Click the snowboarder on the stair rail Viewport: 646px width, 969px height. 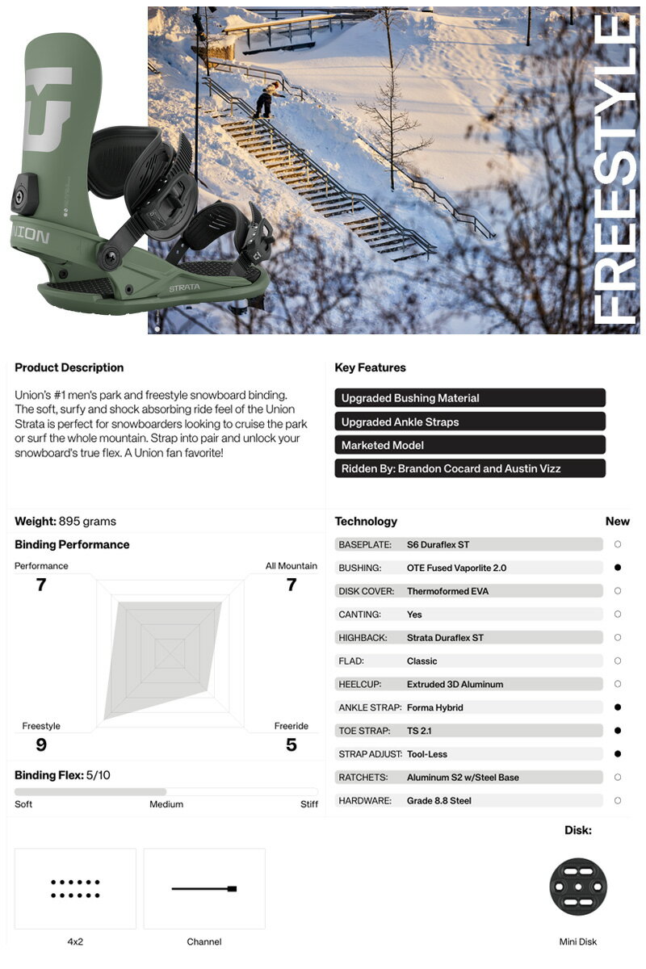tap(265, 99)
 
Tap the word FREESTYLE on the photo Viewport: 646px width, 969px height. tap(615, 170)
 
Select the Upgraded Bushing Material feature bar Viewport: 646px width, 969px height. tap(469, 398)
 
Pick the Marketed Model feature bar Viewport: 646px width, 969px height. tap(469, 445)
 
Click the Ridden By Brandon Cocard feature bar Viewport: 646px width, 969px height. tap(469, 468)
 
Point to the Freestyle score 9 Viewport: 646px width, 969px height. tap(41, 745)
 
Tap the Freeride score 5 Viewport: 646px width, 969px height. tap(292, 745)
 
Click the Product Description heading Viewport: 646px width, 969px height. tap(69, 367)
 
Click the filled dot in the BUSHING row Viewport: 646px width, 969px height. tap(618, 568)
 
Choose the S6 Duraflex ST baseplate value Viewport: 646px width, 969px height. tap(438, 545)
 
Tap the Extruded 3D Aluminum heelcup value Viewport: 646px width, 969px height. tap(455, 685)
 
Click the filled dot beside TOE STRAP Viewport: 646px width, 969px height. tap(618, 731)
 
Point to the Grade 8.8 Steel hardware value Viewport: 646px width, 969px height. tap(439, 801)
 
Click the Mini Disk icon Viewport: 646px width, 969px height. tap(578, 887)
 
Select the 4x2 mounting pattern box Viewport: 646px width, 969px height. tap(75, 888)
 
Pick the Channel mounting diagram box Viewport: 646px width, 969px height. tap(204, 888)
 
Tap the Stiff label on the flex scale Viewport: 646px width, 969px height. tap(308, 804)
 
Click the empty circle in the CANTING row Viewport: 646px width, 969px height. tap(618, 615)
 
